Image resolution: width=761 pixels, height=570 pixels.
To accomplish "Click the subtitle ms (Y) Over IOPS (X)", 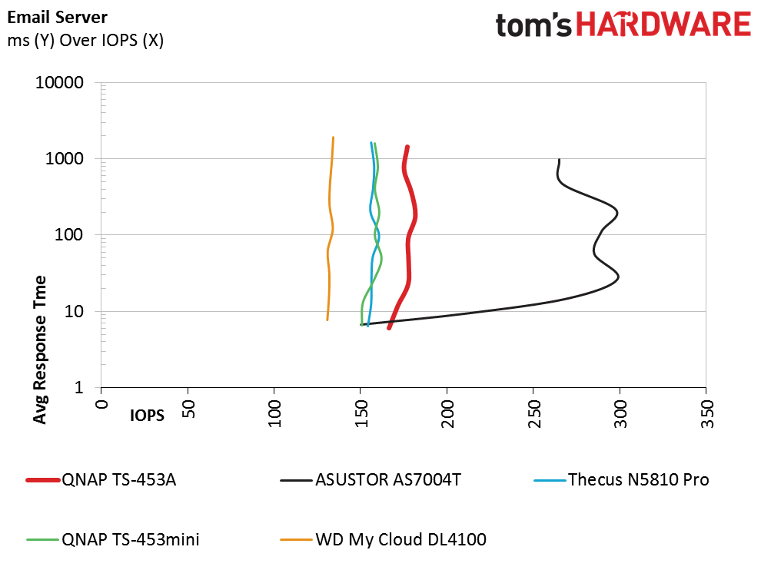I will click(x=85, y=40).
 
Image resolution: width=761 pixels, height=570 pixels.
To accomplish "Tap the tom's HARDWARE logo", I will click(x=623, y=25).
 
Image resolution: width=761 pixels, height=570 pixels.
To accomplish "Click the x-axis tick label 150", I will click(x=361, y=411).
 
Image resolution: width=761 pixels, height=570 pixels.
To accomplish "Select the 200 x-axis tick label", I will click(x=447, y=411).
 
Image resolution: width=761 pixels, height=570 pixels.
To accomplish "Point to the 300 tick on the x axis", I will click(x=620, y=411).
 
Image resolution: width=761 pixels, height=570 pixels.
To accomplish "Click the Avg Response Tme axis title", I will click(x=41, y=349).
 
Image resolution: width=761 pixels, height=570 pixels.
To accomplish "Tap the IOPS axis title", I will click(x=147, y=416).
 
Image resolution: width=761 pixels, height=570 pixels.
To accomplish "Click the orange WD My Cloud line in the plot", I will click(x=330, y=230).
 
